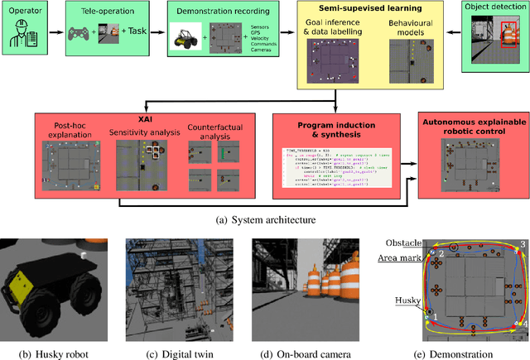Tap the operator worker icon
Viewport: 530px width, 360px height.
(x=26, y=36)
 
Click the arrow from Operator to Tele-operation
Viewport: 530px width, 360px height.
(x=58, y=36)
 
